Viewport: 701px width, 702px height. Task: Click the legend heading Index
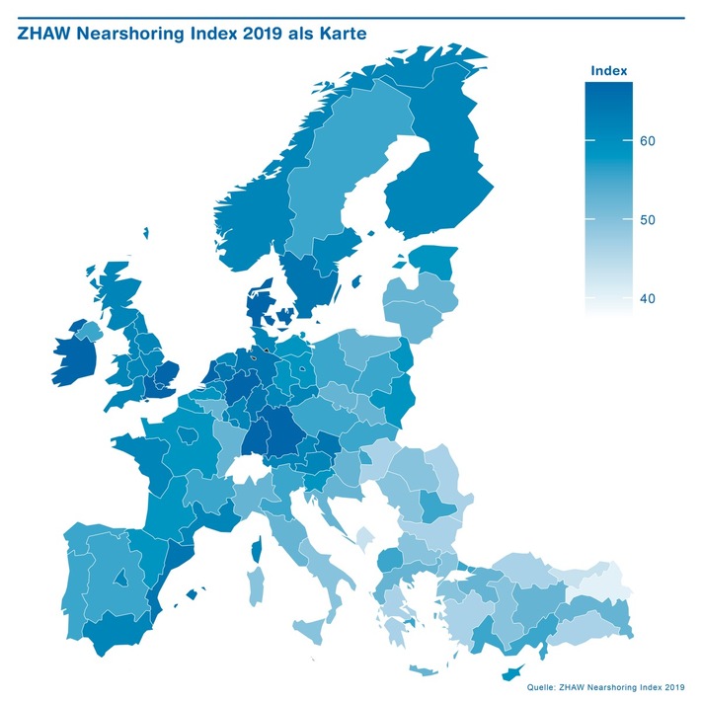pos(607,71)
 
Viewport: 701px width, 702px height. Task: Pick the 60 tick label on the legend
pos(648,141)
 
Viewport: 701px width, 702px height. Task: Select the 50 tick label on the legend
pos(648,219)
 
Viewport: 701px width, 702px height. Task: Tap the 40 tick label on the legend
pos(648,298)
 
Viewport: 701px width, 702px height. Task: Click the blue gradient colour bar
pos(608,197)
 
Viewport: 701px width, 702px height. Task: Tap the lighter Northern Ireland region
pos(88,327)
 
